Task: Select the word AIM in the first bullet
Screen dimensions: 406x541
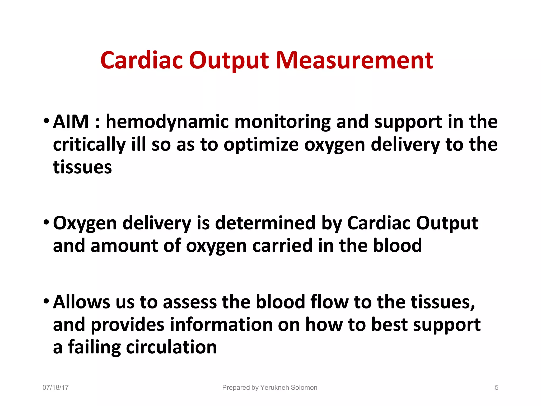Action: coord(71,122)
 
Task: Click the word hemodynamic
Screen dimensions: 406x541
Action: coord(167,122)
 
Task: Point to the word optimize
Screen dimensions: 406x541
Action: coord(261,145)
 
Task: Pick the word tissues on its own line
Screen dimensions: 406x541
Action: coord(82,167)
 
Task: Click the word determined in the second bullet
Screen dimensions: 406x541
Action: coord(265,223)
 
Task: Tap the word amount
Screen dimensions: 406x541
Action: coord(124,246)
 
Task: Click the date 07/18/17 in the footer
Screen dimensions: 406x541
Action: coord(55,387)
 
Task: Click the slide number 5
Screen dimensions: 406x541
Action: coord(496,387)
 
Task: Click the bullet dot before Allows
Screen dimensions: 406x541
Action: coord(46,301)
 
